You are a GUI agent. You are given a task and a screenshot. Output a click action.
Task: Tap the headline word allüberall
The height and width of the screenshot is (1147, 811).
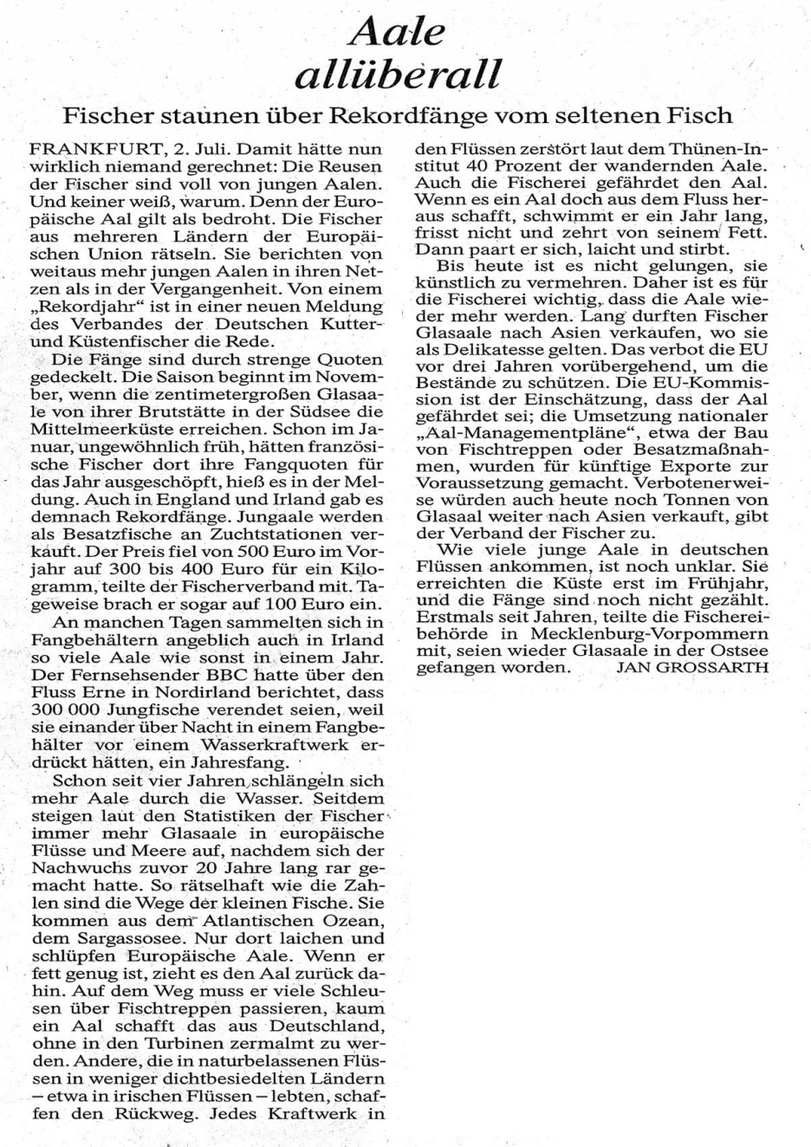399,75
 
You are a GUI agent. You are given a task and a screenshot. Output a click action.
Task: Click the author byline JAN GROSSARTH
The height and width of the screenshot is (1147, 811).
693,667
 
